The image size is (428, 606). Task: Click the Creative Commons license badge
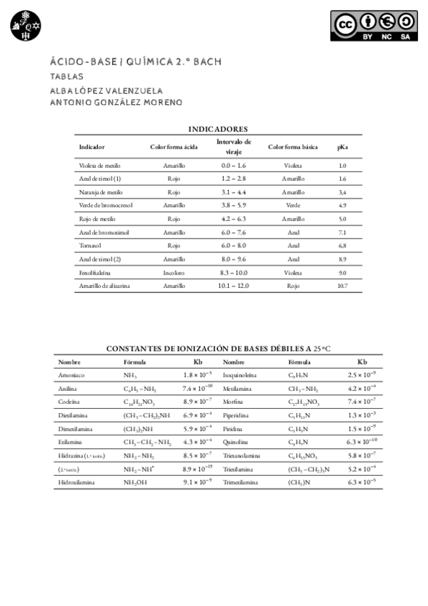pyautogui.click(x=374, y=26)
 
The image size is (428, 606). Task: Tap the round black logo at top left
pyautogui.click(x=26, y=26)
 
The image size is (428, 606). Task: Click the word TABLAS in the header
pyautogui.click(x=66, y=76)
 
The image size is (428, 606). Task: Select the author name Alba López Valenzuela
pyautogui.click(x=106, y=90)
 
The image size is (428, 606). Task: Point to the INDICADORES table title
pyautogui.click(x=218, y=129)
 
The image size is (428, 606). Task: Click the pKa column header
pyautogui.click(x=342, y=147)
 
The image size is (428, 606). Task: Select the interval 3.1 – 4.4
pyautogui.click(x=234, y=192)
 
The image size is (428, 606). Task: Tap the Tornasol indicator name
pyautogui.click(x=89, y=246)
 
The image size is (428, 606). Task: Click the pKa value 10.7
pyautogui.click(x=342, y=286)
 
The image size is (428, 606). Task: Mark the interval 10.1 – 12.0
pyautogui.click(x=234, y=286)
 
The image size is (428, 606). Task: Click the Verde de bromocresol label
pyautogui.click(x=106, y=206)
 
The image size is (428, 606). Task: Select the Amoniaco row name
pyautogui.click(x=71, y=375)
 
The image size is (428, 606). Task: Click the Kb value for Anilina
pyautogui.click(x=197, y=388)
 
